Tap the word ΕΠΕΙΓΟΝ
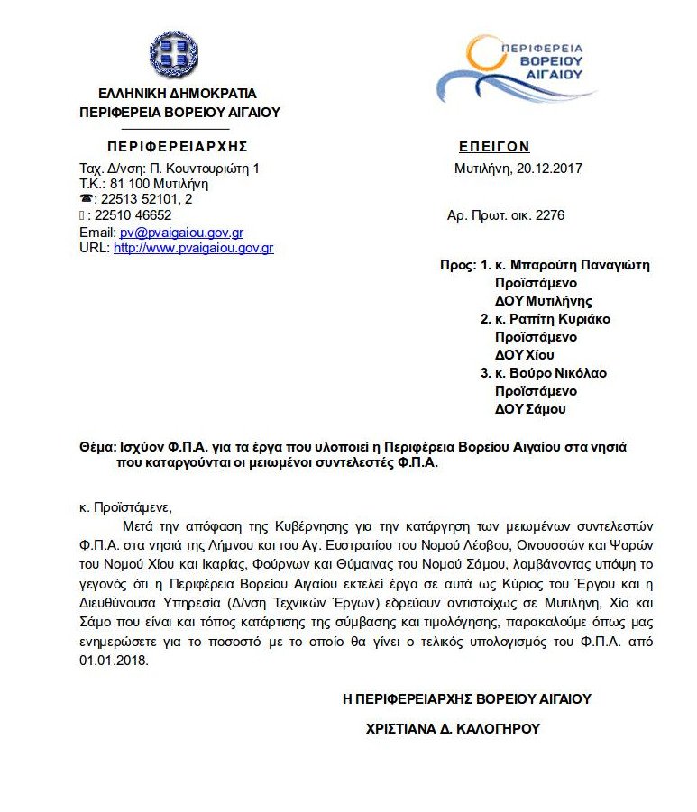click(494, 147)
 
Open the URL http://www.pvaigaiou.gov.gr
click(193, 248)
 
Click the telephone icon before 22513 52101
click(86, 200)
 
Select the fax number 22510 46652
click(135, 216)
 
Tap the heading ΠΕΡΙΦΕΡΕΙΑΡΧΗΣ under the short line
click(177, 147)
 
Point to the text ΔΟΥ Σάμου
click(530, 409)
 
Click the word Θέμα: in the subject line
click(97, 447)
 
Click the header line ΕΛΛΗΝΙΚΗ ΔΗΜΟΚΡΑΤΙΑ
click(178, 94)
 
